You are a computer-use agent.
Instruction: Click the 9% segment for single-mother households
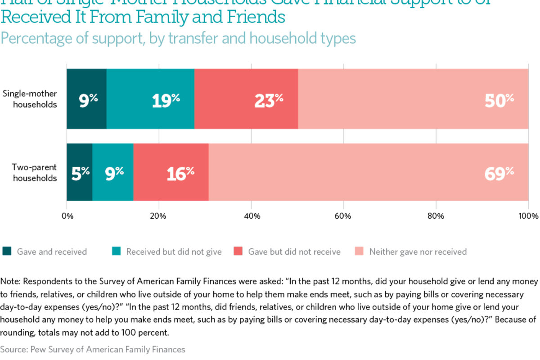click(x=86, y=99)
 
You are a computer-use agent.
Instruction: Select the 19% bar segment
click(x=150, y=99)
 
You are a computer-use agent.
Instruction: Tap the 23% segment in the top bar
click(x=246, y=99)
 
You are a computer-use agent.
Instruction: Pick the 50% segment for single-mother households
click(x=413, y=99)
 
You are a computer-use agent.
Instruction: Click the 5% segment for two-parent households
click(x=80, y=172)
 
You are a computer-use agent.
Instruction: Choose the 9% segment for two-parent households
click(x=112, y=172)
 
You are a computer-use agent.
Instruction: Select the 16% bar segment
click(x=171, y=172)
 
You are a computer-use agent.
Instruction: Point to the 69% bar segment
click(x=368, y=172)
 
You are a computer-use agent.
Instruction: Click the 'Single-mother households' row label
click(x=30, y=99)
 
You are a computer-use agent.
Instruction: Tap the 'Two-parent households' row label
click(x=34, y=172)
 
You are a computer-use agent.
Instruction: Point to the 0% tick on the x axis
click(x=67, y=216)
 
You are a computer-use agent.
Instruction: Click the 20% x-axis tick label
click(x=159, y=216)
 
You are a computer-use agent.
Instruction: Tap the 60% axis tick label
click(x=343, y=216)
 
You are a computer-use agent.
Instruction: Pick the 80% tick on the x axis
click(x=436, y=216)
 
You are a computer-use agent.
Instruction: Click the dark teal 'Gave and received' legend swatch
click(x=7, y=252)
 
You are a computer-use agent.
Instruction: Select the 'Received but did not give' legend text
click(x=174, y=252)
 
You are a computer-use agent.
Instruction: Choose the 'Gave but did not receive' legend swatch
click(x=238, y=252)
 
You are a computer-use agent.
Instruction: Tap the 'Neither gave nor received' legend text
click(x=418, y=252)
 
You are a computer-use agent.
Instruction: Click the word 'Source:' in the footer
click(x=12, y=349)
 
